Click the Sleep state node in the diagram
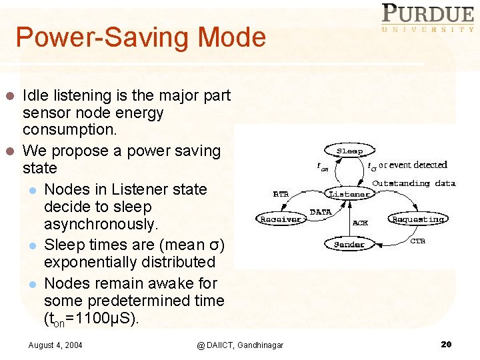(349, 151)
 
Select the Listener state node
(349, 194)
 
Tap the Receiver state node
(280, 219)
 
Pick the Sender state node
(349, 244)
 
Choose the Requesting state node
(418, 219)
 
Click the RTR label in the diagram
(281, 194)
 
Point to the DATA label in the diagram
(321, 212)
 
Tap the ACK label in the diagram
(360, 223)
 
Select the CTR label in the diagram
(417, 241)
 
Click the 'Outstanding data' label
(413, 183)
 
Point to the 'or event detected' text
(413, 165)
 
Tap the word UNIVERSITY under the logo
(427, 29)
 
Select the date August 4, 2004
(55, 345)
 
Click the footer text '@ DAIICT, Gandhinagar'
(240, 345)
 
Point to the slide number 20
(446, 344)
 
